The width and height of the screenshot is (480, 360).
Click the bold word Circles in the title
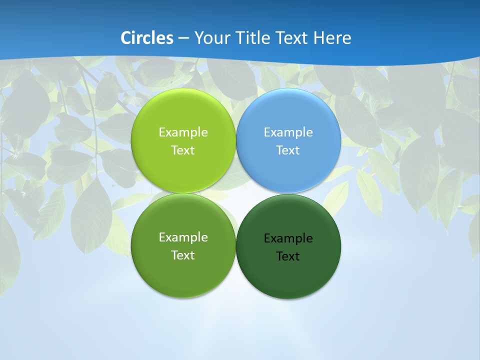147,38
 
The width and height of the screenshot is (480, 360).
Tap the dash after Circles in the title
183,38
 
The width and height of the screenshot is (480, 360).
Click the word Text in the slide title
292,38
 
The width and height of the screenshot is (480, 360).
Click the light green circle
183,112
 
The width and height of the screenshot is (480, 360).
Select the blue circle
288,112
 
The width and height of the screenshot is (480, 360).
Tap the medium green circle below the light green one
183,272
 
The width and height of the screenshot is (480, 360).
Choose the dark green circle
288,275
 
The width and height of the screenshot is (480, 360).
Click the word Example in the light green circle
183,132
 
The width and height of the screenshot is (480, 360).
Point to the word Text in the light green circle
183,150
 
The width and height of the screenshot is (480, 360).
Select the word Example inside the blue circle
288,132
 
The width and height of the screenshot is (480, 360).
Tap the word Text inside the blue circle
288,150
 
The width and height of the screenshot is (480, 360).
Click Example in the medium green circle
183,237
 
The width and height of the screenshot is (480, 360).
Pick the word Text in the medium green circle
183,255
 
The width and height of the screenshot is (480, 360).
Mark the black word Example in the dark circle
288,238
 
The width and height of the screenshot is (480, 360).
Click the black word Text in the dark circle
288,256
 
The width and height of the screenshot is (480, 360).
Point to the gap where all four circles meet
236,193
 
